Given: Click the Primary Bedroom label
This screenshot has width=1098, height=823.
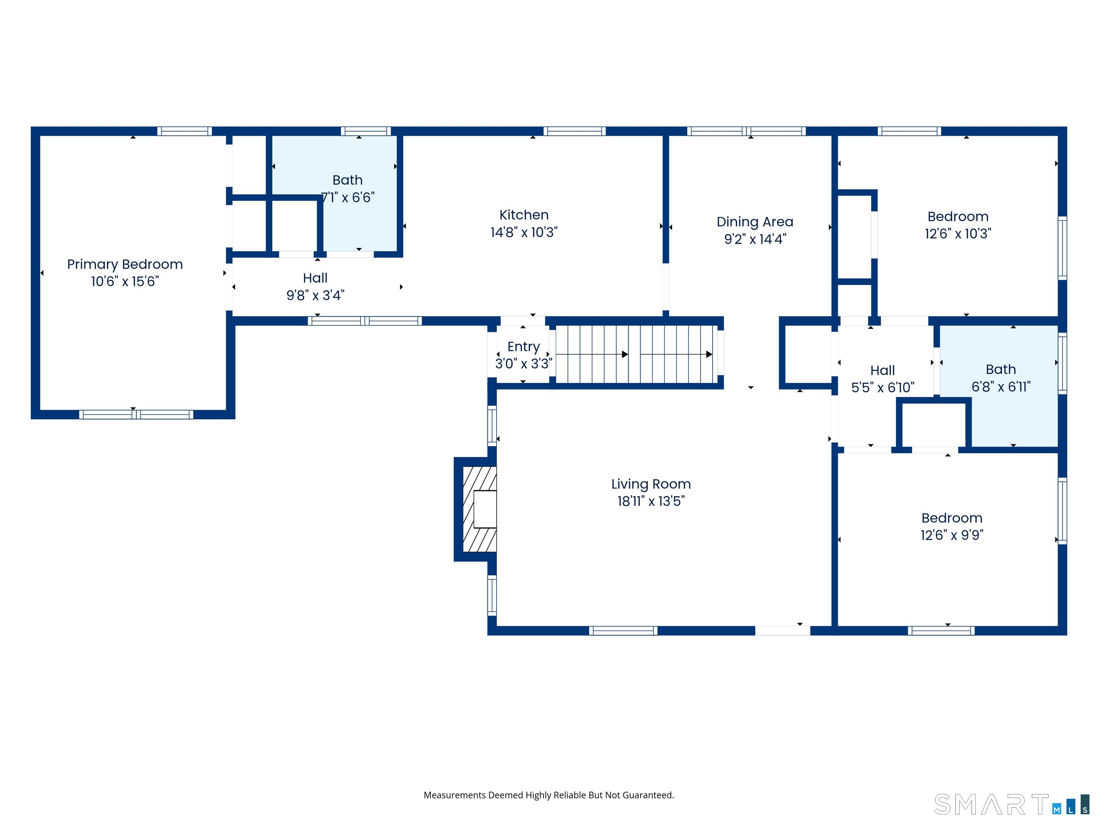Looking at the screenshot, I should pos(125,264).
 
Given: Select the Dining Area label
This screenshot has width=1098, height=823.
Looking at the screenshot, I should pos(755,222).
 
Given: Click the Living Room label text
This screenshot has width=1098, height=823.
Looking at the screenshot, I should pos(651,484).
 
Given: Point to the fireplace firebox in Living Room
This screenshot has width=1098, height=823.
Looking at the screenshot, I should pos(484,509).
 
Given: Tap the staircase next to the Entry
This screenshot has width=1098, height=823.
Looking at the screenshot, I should pos(635,354).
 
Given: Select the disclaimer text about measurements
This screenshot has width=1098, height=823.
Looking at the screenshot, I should pos(549,795).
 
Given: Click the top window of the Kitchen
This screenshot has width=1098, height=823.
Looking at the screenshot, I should pos(574,131).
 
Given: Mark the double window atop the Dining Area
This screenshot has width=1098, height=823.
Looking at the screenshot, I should pos(746,131).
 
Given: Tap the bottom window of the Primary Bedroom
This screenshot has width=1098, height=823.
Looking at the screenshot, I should pos(136,414).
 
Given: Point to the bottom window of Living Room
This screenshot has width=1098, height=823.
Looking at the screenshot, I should pos(623,630).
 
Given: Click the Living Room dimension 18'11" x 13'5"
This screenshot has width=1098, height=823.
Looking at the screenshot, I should pos(651,501).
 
